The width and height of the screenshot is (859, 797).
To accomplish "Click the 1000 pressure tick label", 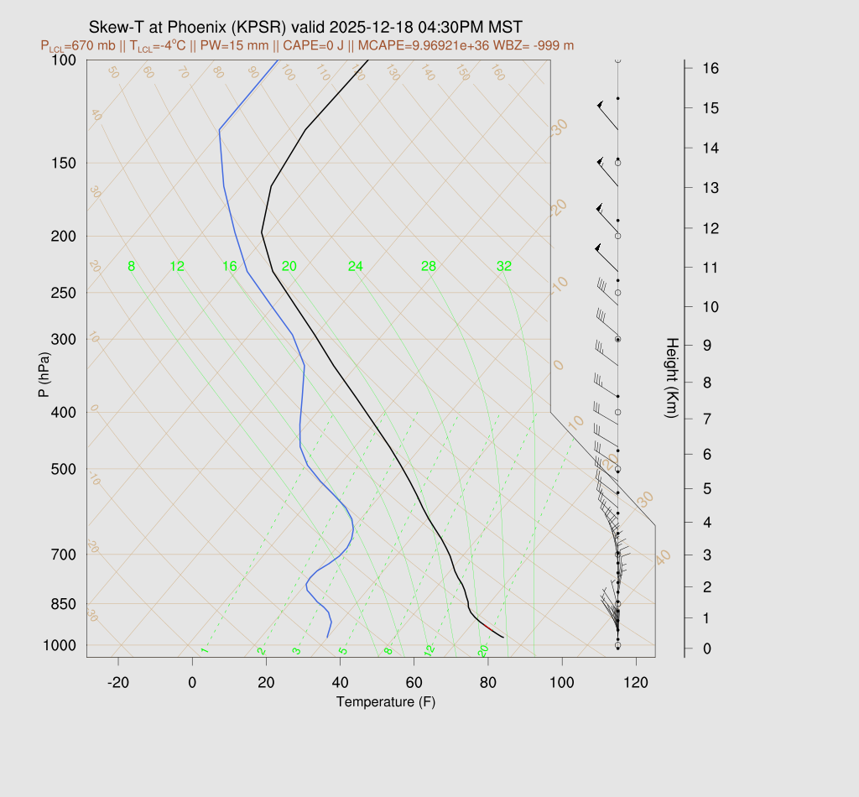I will click(x=60, y=645).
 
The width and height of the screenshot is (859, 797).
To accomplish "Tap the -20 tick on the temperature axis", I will click(x=118, y=683).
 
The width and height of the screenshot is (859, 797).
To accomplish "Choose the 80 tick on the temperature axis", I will click(x=488, y=683).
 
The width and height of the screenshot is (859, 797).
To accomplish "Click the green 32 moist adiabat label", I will click(x=504, y=267).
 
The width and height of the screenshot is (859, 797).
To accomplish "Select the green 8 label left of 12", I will click(x=131, y=267).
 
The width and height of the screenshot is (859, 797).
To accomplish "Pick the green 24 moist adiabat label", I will click(x=356, y=267).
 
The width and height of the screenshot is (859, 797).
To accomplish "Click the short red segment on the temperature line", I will click(x=487, y=627).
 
